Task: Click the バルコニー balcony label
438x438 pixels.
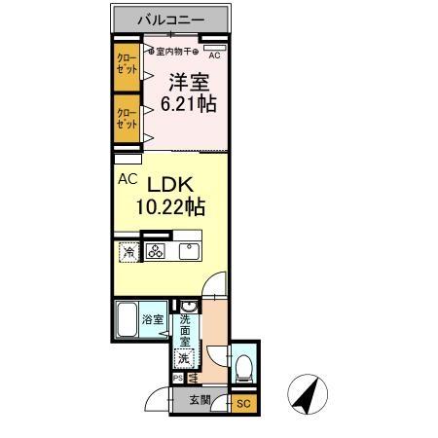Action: (170, 18)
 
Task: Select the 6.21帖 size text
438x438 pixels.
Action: (187, 105)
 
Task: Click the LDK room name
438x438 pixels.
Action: (173, 185)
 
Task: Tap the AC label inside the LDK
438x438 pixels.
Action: (128, 179)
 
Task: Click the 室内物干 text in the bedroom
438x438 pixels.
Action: (174, 51)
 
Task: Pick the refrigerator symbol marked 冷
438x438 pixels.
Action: (128, 253)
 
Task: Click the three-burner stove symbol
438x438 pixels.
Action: (156, 253)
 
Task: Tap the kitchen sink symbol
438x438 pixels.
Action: (186, 252)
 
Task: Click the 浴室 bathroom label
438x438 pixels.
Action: (154, 319)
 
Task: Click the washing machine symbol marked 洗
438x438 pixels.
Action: (184, 358)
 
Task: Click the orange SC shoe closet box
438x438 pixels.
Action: (244, 403)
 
